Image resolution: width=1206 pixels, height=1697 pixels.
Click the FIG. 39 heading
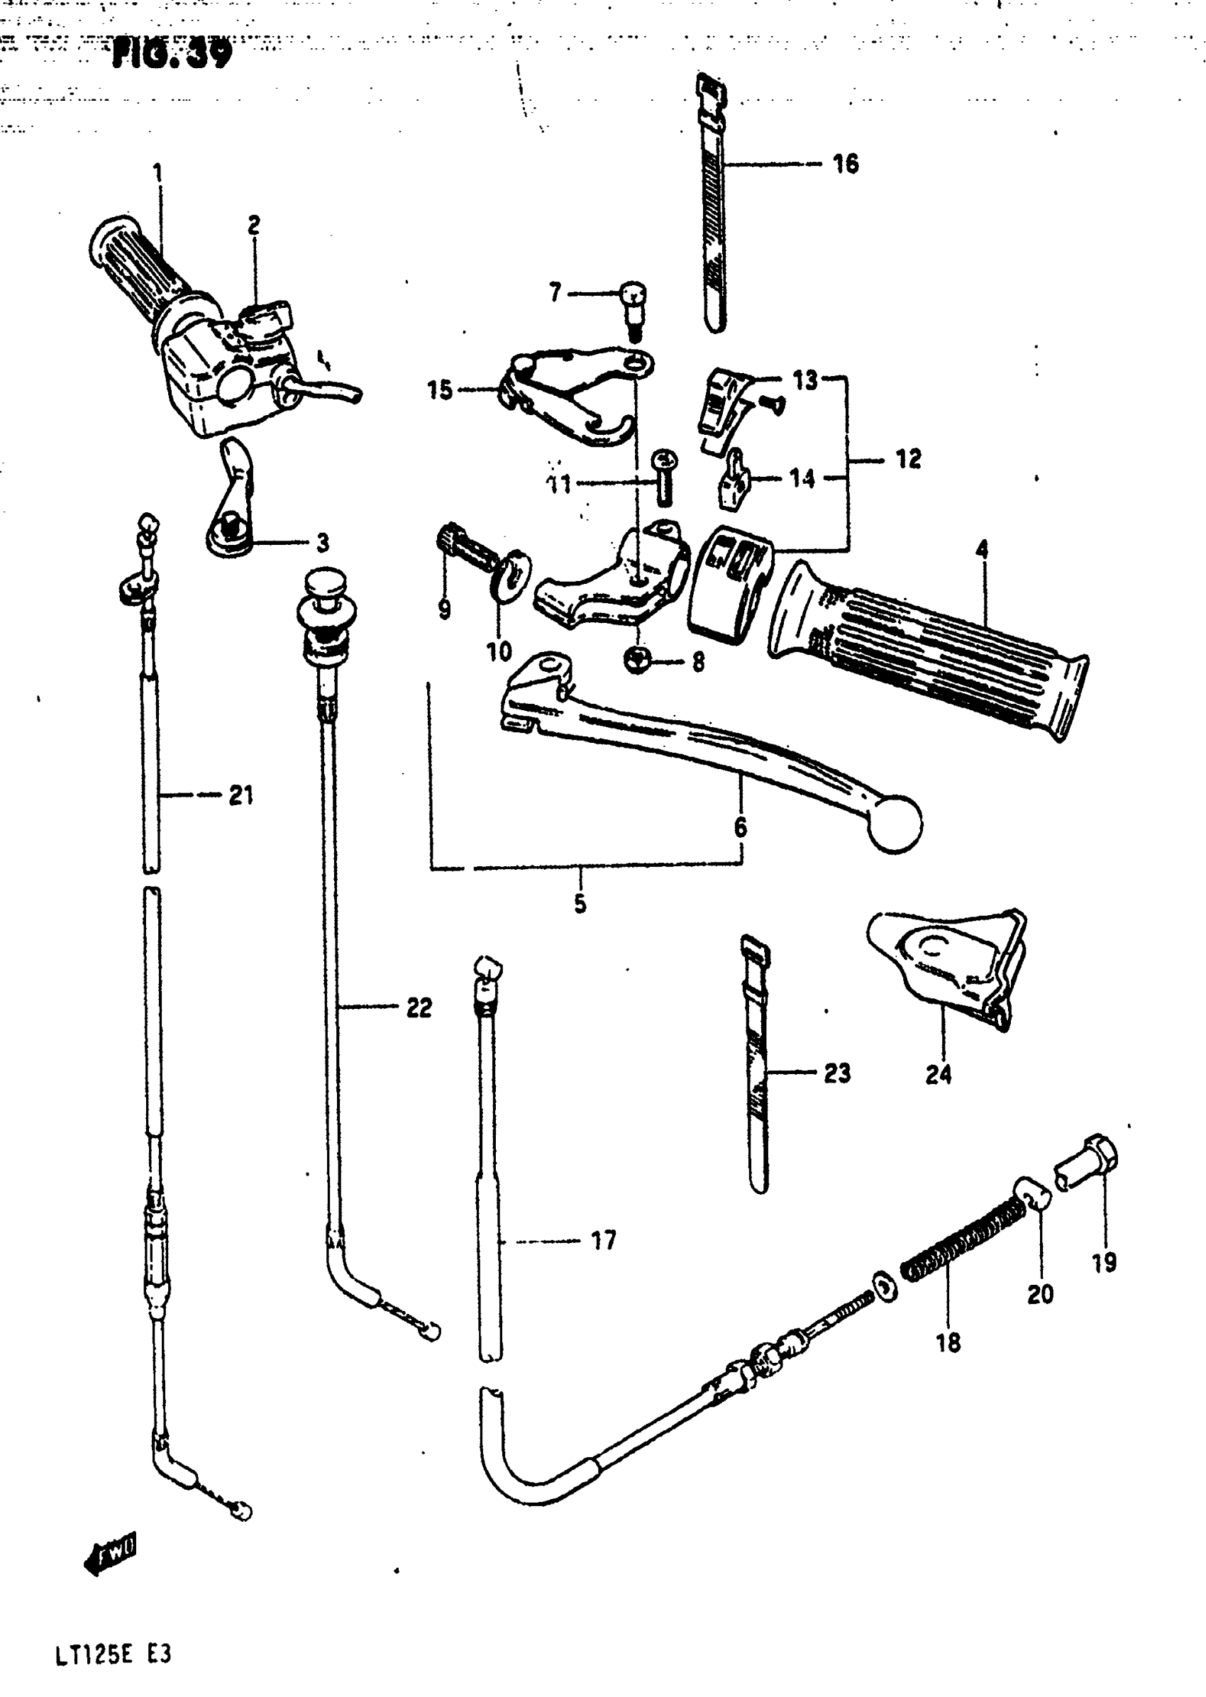[x=172, y=52]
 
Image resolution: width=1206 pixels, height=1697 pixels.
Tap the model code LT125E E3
[x=113, y=1654]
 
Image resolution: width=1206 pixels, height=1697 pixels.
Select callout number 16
[x=845, y=163]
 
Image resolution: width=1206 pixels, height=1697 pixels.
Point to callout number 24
[x=938, y=1074]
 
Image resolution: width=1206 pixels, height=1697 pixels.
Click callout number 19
[x=1104, y=1262]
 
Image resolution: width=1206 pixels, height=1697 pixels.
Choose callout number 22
[x=419, y=1008]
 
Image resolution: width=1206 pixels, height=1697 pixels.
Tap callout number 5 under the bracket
[x=580, y=904]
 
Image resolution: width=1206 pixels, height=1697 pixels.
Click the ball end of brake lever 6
[x=894, y=823]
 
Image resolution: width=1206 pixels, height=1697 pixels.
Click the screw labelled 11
[x=663, y=476]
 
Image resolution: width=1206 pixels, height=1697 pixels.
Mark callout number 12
[x=908, y=459]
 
